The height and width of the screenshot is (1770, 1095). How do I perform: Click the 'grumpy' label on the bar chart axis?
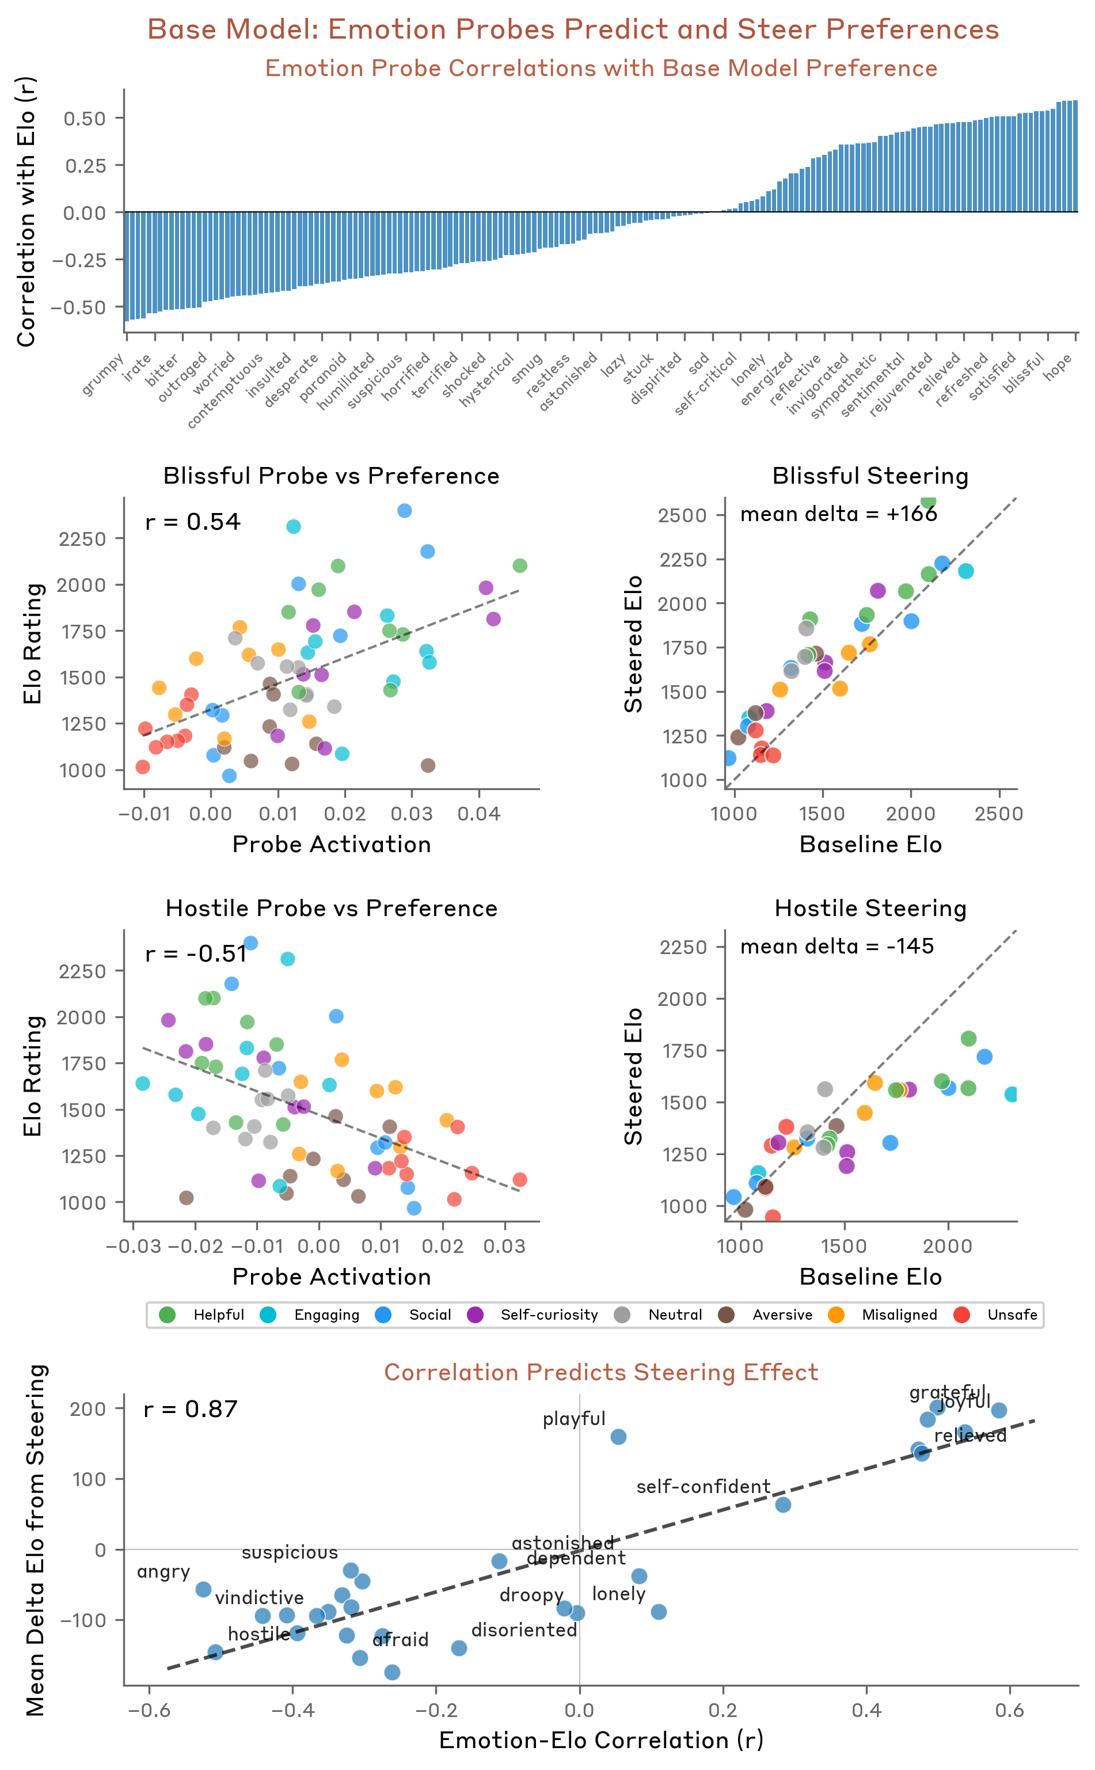(104, 375)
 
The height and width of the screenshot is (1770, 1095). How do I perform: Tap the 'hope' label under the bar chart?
(1058, 367)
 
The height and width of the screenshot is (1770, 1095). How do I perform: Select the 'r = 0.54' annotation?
(193, 522)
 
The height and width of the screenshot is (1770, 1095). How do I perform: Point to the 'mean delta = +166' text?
(839, 514)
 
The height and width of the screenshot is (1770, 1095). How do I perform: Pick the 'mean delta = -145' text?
(837, 946)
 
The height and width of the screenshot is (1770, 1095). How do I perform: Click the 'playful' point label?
(575, 1419)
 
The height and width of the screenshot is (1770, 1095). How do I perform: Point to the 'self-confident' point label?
(703, 1486)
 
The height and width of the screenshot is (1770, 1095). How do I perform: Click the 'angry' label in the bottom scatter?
(164, 1571)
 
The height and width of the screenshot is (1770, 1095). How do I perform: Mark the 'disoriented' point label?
(524, 1630)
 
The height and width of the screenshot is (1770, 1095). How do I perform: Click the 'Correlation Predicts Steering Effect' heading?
(601, 1372)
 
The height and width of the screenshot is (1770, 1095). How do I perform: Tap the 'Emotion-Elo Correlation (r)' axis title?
(601, 1739)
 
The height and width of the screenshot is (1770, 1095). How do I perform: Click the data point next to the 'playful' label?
(618, 1437)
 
